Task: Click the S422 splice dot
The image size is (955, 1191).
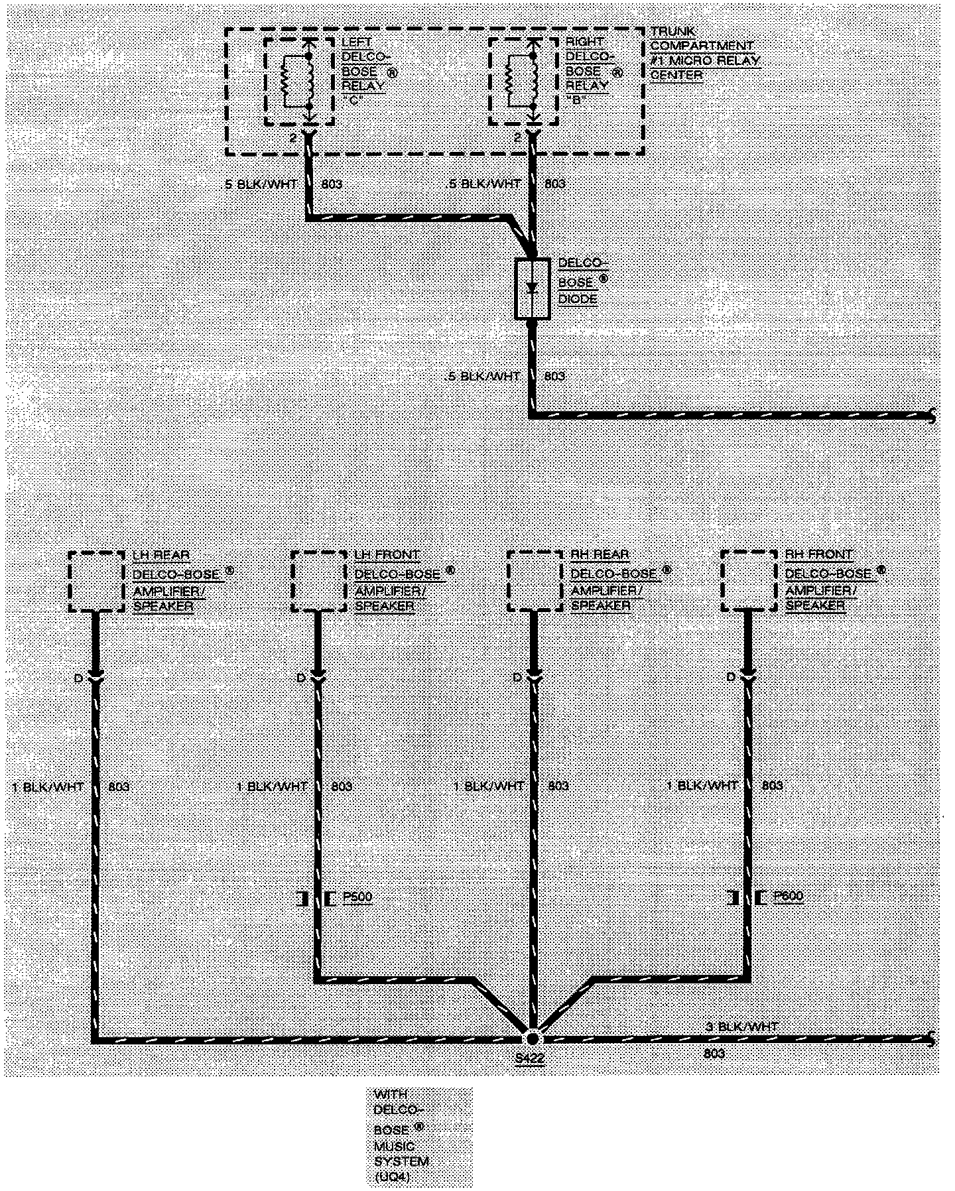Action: click(532, 1038)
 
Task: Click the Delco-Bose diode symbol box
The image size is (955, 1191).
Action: click(532, 288)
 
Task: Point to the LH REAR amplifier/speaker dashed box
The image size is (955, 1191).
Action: click(96, 582)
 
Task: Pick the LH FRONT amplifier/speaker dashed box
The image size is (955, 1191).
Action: click(318, 582)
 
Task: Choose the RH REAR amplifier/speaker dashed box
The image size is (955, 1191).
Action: click(535, 582)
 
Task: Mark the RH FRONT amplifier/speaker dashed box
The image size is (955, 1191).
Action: click(749, 581)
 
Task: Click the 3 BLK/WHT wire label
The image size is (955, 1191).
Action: click(741, 1027)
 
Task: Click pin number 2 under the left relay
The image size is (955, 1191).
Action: click(292, 137)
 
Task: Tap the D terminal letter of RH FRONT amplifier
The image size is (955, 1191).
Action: click(731, 677)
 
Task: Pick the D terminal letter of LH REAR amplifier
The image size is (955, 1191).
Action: click(78, 678)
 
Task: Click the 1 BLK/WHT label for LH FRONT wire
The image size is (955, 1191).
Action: click(272, 786)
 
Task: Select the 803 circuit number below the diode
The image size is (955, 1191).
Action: click(554, 376)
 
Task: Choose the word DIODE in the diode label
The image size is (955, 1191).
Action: click(577, 300)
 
